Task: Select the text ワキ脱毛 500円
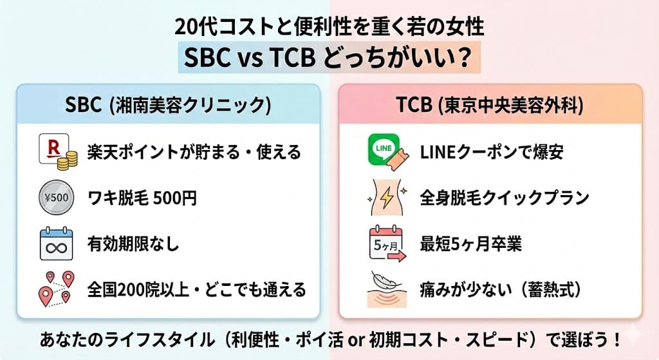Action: click(142, 198)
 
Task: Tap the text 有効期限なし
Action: click(133, 245)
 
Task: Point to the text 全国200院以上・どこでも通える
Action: click(196, 290)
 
